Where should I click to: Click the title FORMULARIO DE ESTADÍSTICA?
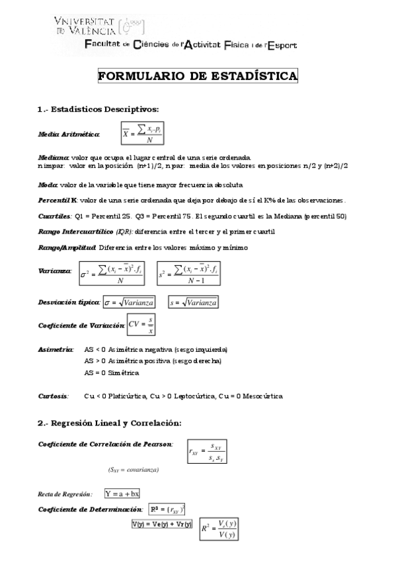(198, 76)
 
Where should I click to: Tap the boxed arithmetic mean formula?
(142, 134)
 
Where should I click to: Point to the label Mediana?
(53, 158)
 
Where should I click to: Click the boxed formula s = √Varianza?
(193, 302)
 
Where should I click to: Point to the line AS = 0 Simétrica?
(112, 372)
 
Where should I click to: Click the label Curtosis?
(53, 396)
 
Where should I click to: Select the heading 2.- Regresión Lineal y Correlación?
(109, 423)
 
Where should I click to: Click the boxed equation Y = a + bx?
(122, 494)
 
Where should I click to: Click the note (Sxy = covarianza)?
(133, 470)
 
